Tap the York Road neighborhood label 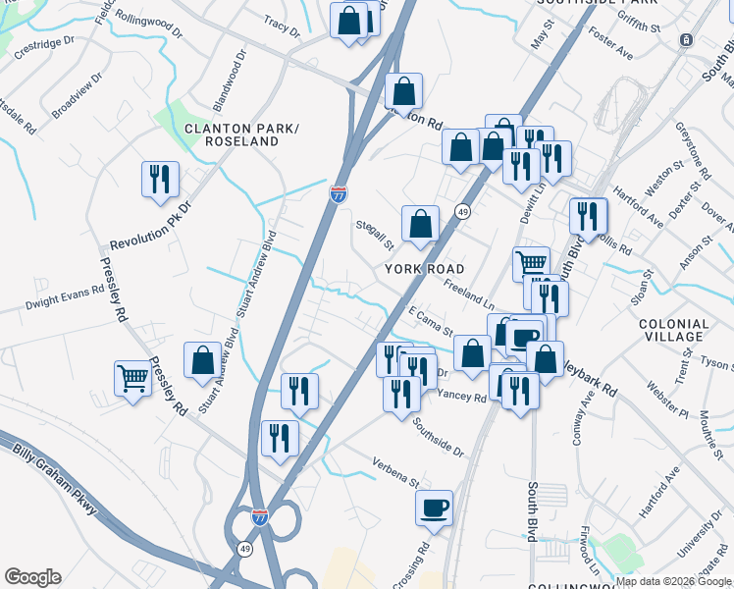coord(424,269)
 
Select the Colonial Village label coord(673,330)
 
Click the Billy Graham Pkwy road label coord(55,482)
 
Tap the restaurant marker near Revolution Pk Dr coord(159,180)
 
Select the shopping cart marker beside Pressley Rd coord(132,376)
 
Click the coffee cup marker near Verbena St coord(434,509)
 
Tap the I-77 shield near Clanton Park coord(338,194)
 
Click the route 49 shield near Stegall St coord(460,211)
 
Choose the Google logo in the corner coord(31,576)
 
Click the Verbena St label coord(395,473)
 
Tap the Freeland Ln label coord(468,294)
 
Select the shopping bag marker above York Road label coord(420,222)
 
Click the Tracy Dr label coord(282,26)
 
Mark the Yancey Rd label coord(462,397)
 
